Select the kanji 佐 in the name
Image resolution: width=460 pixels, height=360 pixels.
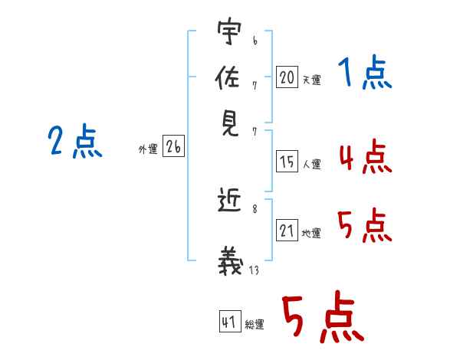[229, 77]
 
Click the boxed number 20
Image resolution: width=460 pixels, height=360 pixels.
[287, 77]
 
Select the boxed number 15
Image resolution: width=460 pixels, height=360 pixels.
[287, 162]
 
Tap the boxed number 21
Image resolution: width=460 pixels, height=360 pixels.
[287, 231]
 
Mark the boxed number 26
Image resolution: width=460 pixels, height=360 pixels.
[173, 147]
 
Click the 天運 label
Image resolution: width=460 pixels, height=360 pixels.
[311, 80]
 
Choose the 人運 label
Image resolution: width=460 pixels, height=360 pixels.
[311, 164]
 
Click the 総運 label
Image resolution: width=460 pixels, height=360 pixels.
[255, 325]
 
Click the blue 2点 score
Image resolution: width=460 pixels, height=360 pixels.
[75, 142]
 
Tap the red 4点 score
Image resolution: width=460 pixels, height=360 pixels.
[365, 159]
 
